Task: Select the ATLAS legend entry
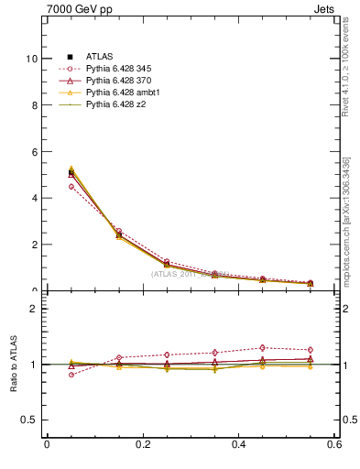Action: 100,57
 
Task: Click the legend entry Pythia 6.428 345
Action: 120,69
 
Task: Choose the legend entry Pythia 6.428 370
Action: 120,81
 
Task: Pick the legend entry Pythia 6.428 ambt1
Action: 123,93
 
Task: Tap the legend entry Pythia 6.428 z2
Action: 116,104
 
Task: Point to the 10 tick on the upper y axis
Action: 32,59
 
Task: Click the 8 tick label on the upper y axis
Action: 35,105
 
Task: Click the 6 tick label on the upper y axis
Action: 35,152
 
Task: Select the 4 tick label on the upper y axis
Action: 35,198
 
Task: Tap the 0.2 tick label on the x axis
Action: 143,444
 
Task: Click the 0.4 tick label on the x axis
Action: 239,444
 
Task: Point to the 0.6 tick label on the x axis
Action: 334,444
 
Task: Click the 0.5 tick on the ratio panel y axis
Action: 30,420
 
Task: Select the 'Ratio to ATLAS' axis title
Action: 12,365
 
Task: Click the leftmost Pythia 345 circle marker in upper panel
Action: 71,186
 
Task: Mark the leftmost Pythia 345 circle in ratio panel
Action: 71,375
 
